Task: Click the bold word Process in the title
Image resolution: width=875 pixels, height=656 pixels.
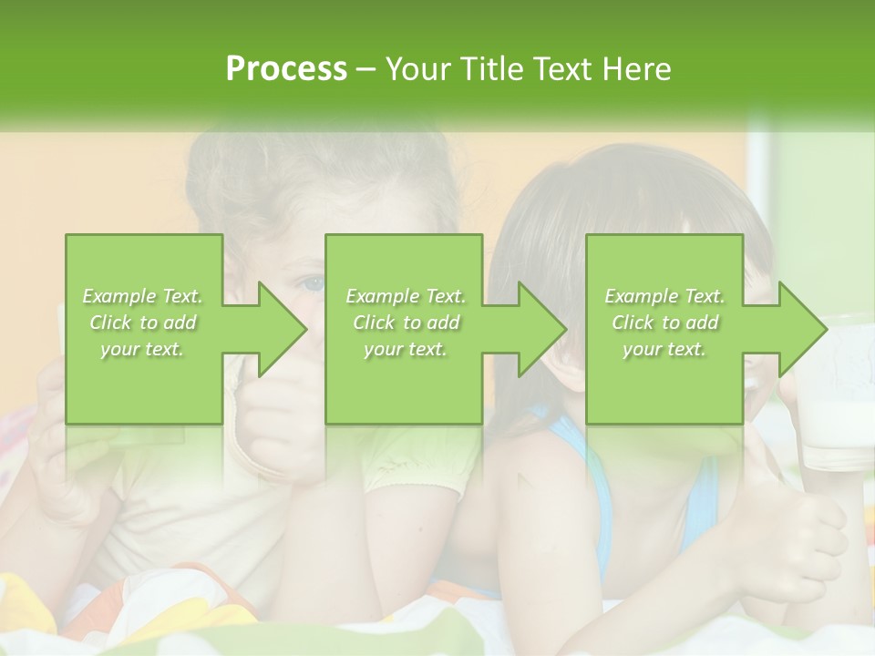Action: coord(286,69)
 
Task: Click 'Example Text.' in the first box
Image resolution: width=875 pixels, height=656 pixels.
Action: coord(142,296)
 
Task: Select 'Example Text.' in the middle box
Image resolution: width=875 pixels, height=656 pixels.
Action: coord(405,296)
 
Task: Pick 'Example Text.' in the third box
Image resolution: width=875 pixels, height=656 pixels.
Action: coord(664,296)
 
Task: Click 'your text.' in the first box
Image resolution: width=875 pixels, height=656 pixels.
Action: coord(142,349)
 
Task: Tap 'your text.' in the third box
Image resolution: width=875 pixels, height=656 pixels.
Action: coord(664,349)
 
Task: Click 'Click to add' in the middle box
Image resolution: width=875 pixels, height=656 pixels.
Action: coord(405,323)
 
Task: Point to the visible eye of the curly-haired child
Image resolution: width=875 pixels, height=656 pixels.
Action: coord(313,283)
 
